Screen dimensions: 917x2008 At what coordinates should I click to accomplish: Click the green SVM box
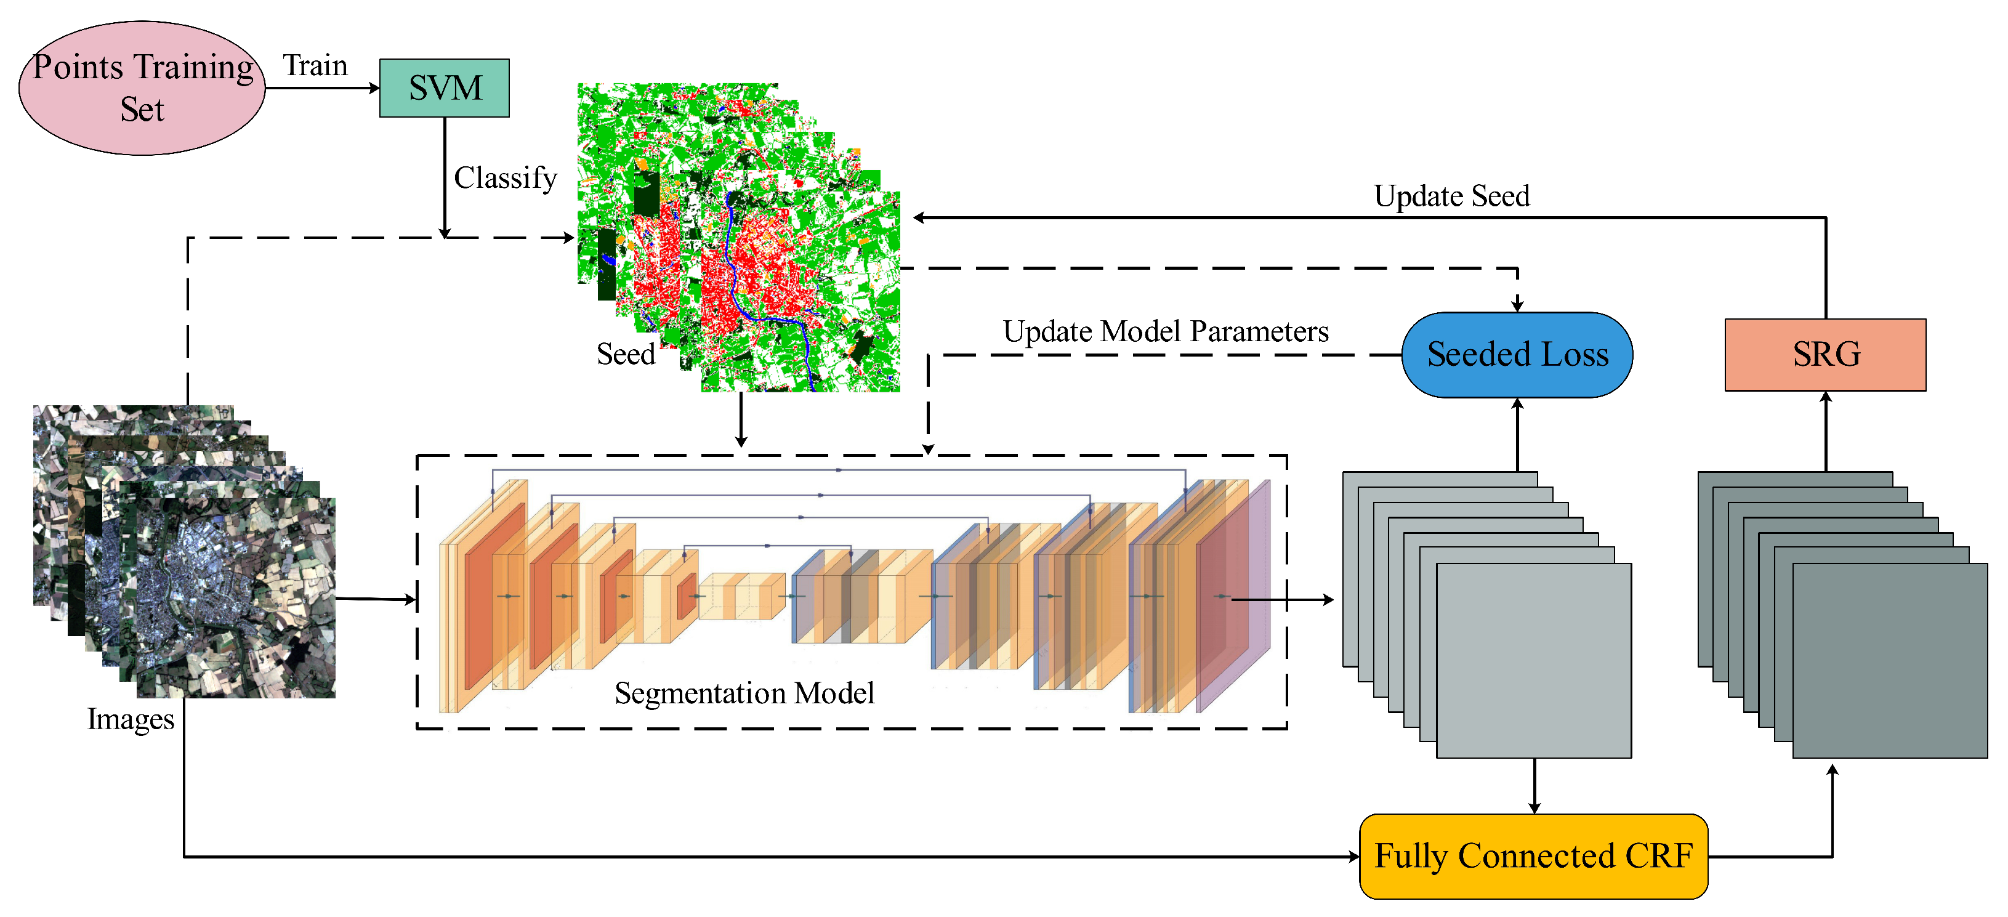point(445,88)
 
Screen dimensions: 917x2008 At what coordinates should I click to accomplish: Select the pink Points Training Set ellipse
point(142,88)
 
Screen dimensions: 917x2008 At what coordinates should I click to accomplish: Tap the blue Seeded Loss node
point(1517,355)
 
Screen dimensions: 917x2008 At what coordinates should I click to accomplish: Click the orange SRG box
point(1825,355)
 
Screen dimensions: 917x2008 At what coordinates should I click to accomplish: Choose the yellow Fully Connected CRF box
point(1533,856)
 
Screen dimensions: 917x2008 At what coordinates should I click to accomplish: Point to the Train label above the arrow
point(315,65)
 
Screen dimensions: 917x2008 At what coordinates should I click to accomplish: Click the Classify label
point(505,178)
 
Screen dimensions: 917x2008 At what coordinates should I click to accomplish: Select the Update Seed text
point(1451,196)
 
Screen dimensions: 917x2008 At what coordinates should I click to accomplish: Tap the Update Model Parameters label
point(1166,331)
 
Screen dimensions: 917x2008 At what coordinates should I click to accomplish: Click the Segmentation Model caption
point(744,693)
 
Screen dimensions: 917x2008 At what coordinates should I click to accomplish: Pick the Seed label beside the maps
point(625,354)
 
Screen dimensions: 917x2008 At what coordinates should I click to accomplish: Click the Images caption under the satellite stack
point(130,719)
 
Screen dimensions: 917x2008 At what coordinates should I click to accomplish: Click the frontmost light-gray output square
point(1533,660)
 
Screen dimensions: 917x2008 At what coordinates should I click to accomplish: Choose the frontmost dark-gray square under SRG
point(1890,660)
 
